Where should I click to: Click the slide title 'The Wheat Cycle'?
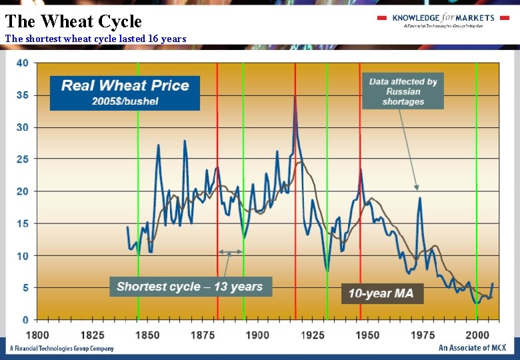(73, 21)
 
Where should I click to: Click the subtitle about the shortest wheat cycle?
(95, 39)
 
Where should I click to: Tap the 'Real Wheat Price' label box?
(125, 93)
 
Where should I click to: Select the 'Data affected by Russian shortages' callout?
(403, 91)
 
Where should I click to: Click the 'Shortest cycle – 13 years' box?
(190, 287)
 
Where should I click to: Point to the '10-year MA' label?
(382, 293)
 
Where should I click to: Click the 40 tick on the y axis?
(22, 63)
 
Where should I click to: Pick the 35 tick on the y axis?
(22, 95)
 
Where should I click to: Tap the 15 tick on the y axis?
(22, 223)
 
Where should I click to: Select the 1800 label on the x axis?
(37, 335)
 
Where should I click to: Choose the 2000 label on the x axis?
(477, 335)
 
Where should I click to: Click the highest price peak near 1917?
(295, 96)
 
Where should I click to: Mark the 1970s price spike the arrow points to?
(420, 198)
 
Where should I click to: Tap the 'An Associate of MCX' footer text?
(473, 348)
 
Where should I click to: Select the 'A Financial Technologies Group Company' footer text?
(61, 348)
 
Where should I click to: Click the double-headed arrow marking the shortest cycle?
(231, 252)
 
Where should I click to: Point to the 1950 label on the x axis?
(367, 335)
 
